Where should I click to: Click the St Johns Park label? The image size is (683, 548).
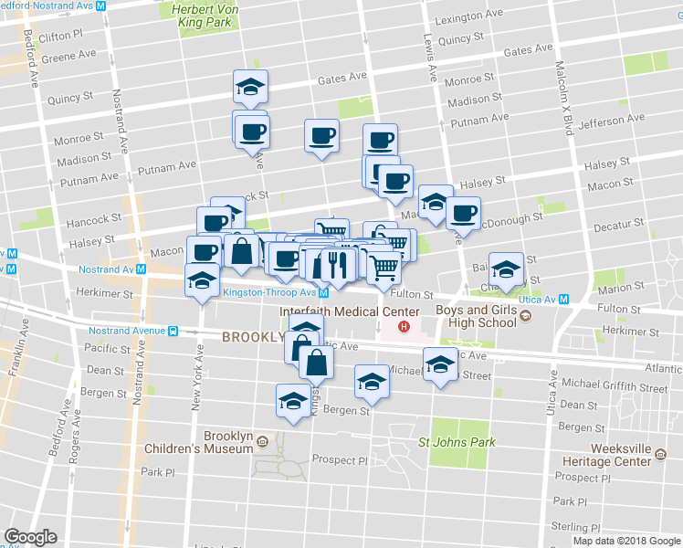[x=457, y=443]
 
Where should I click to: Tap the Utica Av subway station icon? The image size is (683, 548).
[x=565, y=299]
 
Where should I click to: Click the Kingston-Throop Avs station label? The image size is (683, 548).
[x=268, y=292]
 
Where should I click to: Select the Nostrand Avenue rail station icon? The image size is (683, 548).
[x=173, y=330]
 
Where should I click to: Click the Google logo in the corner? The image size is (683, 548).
[x=30, y=536]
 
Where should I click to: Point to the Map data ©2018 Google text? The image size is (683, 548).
[x=626, y=541]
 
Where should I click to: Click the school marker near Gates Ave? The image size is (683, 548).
[x=250, y=87]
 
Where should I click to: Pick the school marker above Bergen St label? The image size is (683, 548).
[x=372, y=382]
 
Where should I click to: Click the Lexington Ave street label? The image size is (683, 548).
[x=469, y=17]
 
